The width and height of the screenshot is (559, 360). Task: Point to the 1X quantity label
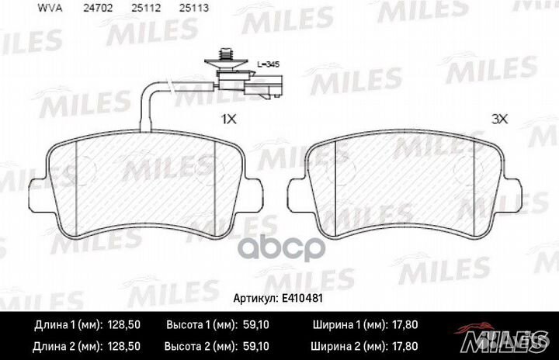click(228, 120)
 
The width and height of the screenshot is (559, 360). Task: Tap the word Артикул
click(255, 299)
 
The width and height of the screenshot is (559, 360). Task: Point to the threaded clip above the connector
click(227, 57)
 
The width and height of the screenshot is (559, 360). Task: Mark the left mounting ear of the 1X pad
click(36, 194)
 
